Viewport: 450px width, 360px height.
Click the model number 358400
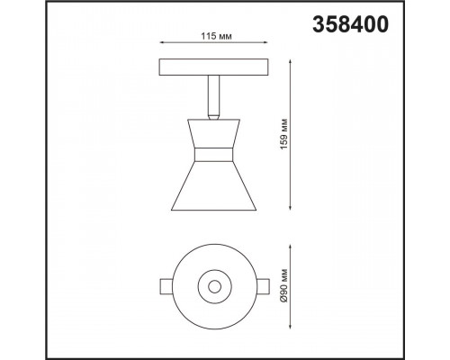(350, 24)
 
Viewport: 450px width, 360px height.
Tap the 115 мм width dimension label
(216, 36)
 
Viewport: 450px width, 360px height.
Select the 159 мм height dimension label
(283, 134)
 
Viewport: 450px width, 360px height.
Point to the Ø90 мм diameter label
(283, 286)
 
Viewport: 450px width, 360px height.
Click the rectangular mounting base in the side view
(213, 67)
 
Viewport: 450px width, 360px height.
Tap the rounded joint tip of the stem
(213, 116)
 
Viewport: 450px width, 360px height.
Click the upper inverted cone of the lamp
(213, 133)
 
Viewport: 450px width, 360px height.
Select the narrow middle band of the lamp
(213, 155)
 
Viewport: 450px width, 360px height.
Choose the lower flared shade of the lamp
(213, 186)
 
